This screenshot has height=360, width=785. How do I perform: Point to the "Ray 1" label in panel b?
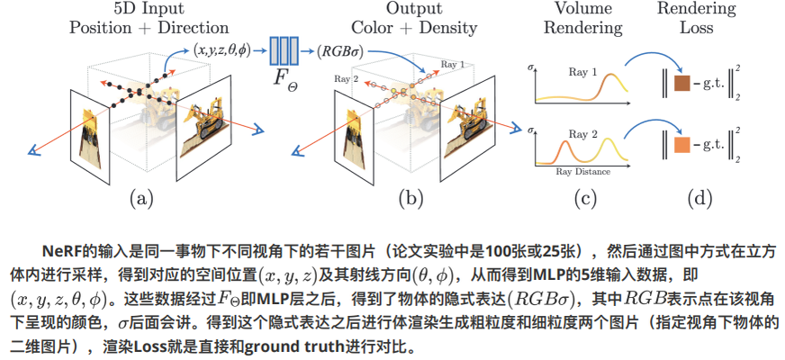click(x=453, y=65)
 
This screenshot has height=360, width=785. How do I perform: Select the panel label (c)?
click(x=585, y=197)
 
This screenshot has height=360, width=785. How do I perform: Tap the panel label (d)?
click(x=699, y=197)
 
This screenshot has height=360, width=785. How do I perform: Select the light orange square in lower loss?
click(x=682, y=145)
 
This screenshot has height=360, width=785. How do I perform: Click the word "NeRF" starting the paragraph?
click(x=61, y=249)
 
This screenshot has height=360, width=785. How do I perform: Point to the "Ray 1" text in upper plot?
click(x=584, y=69)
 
